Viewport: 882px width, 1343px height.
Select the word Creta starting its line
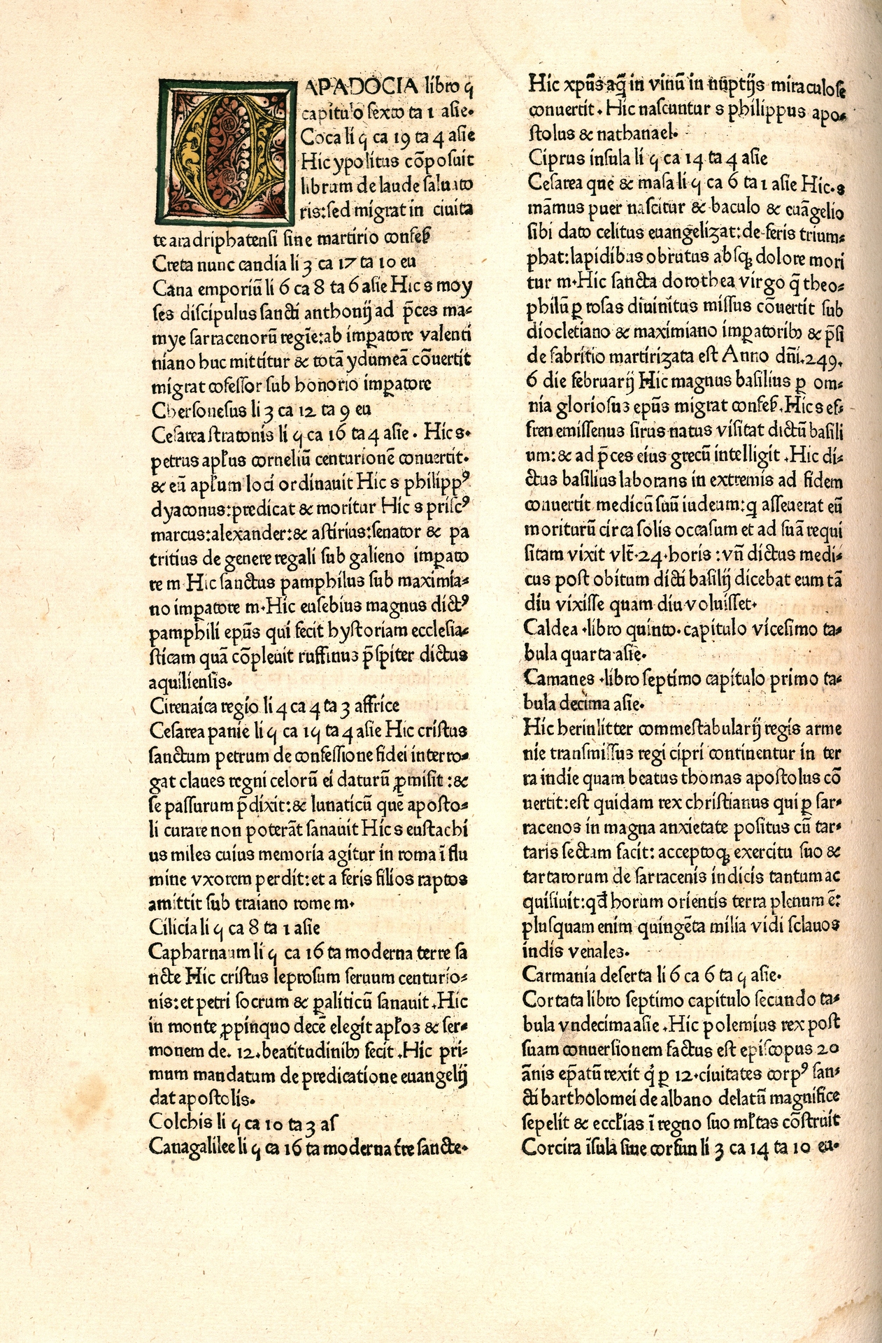point(171,263)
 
